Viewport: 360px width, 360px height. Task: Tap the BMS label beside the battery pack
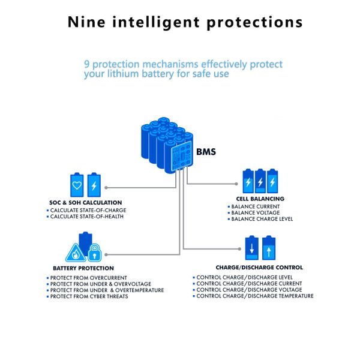pos(206,152)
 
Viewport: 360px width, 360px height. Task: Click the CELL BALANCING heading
pos(260,199)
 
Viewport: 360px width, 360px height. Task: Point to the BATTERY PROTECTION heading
pos(83,268)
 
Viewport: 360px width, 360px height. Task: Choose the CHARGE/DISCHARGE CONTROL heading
pos(259,267)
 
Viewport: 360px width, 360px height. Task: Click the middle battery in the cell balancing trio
pos(260,179)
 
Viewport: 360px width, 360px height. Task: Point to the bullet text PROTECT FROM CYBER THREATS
pos(89,296)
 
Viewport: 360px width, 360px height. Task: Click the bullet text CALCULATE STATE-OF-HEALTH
pos(87,217)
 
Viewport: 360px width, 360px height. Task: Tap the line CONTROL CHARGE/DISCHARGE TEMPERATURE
pos(255,296)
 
